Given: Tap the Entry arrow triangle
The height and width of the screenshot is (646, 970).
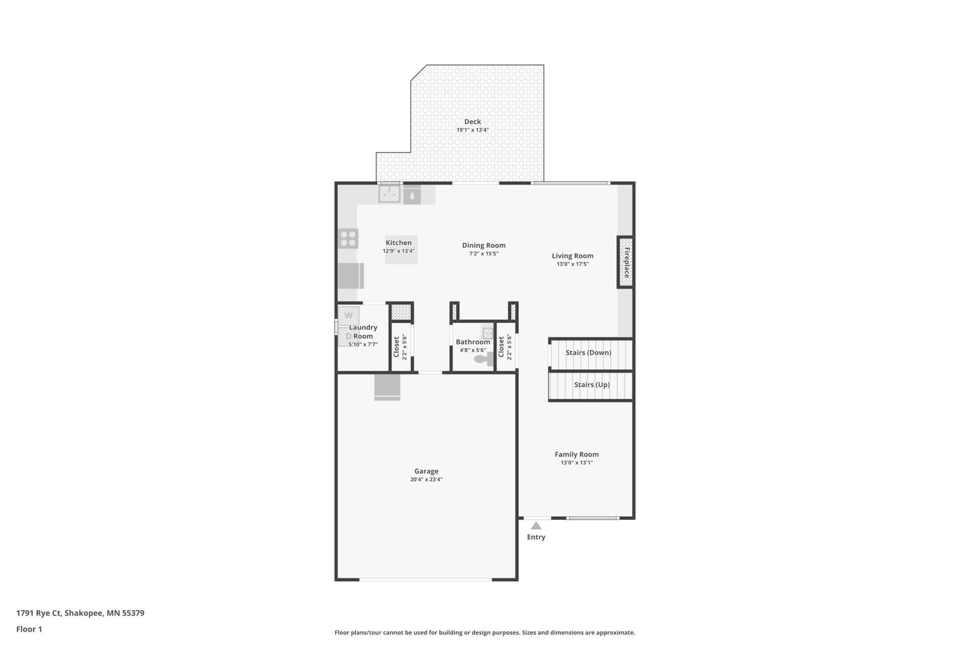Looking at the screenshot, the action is click(x=536, y=526).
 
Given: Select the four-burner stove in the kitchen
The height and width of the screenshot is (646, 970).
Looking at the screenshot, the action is click(x=348, y=239).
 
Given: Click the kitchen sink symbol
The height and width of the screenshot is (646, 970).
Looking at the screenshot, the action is click(x=389, y=194).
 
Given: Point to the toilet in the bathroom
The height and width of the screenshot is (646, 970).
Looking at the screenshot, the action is click(x=484, y=359).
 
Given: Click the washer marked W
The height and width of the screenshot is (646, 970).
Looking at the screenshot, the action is click(x=348, y=316).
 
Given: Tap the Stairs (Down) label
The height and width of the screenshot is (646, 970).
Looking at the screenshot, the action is click(x=589, y=353).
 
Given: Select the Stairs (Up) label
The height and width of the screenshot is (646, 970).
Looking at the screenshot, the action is click(x=592, y=385).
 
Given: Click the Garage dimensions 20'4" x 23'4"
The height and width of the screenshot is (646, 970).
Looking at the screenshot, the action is click(x=426, y=480).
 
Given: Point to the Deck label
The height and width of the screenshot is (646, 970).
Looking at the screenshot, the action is click(x=472, y=122).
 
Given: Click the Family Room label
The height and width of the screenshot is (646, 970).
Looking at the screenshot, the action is click(x=577, y=454).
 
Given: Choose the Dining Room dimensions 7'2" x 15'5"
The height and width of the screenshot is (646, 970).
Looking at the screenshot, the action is click(x=484, y=254).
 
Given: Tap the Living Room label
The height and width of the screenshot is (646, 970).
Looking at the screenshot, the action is click(x=573, y=256).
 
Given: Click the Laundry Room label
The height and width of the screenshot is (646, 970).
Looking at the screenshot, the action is click(x=363, y=332).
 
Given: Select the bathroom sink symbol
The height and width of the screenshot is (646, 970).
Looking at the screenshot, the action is click(x=488, y=333).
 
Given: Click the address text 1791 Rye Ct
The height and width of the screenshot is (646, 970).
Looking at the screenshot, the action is click(x=39, y=613).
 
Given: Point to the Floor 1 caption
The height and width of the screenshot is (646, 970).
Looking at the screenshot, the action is click(x=29, y=629).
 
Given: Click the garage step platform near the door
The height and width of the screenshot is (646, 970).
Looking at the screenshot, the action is click(x=387, y=387).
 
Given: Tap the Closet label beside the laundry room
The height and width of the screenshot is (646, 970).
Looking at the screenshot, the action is click(x=396, y=347).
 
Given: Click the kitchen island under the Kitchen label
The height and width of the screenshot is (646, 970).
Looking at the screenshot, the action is click(x=401, y=250).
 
